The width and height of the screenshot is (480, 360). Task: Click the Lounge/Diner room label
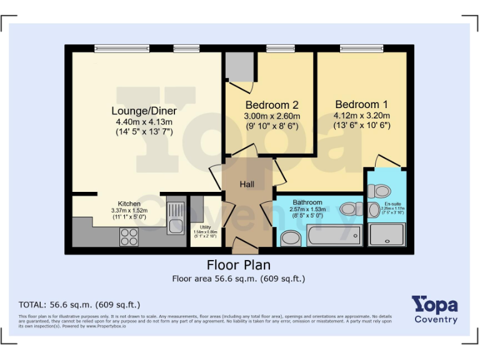click(x=144, y=111)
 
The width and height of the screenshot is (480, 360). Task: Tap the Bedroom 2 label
click(x=271, y=105)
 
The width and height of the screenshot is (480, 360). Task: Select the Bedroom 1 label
click(x=361, y=104)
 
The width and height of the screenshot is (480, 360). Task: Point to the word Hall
click(x=247, y=184)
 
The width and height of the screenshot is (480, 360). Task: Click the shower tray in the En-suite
click(x=387, y=234)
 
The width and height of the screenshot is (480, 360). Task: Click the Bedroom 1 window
click(x=361, y=48)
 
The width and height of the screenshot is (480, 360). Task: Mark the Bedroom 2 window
click(x=276, y=48)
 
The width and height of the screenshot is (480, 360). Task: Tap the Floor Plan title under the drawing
click(x=239, y=265)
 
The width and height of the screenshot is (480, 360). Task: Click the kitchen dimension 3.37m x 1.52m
click(x=129, y=211)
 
